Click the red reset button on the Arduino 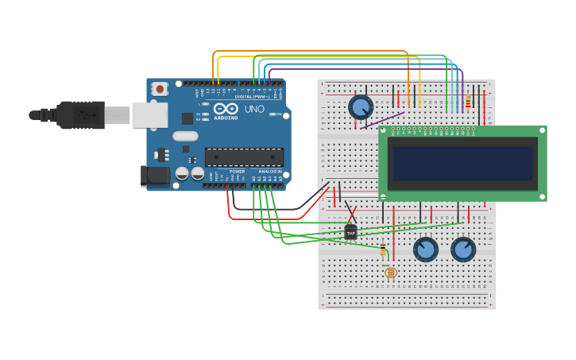pos(160,89)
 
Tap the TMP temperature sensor pos(350,232)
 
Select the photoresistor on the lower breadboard pos(390,273)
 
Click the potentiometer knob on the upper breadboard pos(361,107)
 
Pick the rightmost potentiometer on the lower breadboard pos(463,250)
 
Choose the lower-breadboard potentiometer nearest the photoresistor pos(425,250)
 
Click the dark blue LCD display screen pos(462,163)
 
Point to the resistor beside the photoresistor pos(383,249)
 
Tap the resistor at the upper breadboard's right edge pos(468,102)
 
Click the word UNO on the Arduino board pos(254,109)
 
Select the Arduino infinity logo pos(226,109)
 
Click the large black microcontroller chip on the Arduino pos(243,157)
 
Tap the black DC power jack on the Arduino pos(155,176)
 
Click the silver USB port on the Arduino pos(149,115)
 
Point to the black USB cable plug pos(79,115)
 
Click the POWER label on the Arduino pos(237,171)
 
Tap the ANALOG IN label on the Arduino pos(269,171)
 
